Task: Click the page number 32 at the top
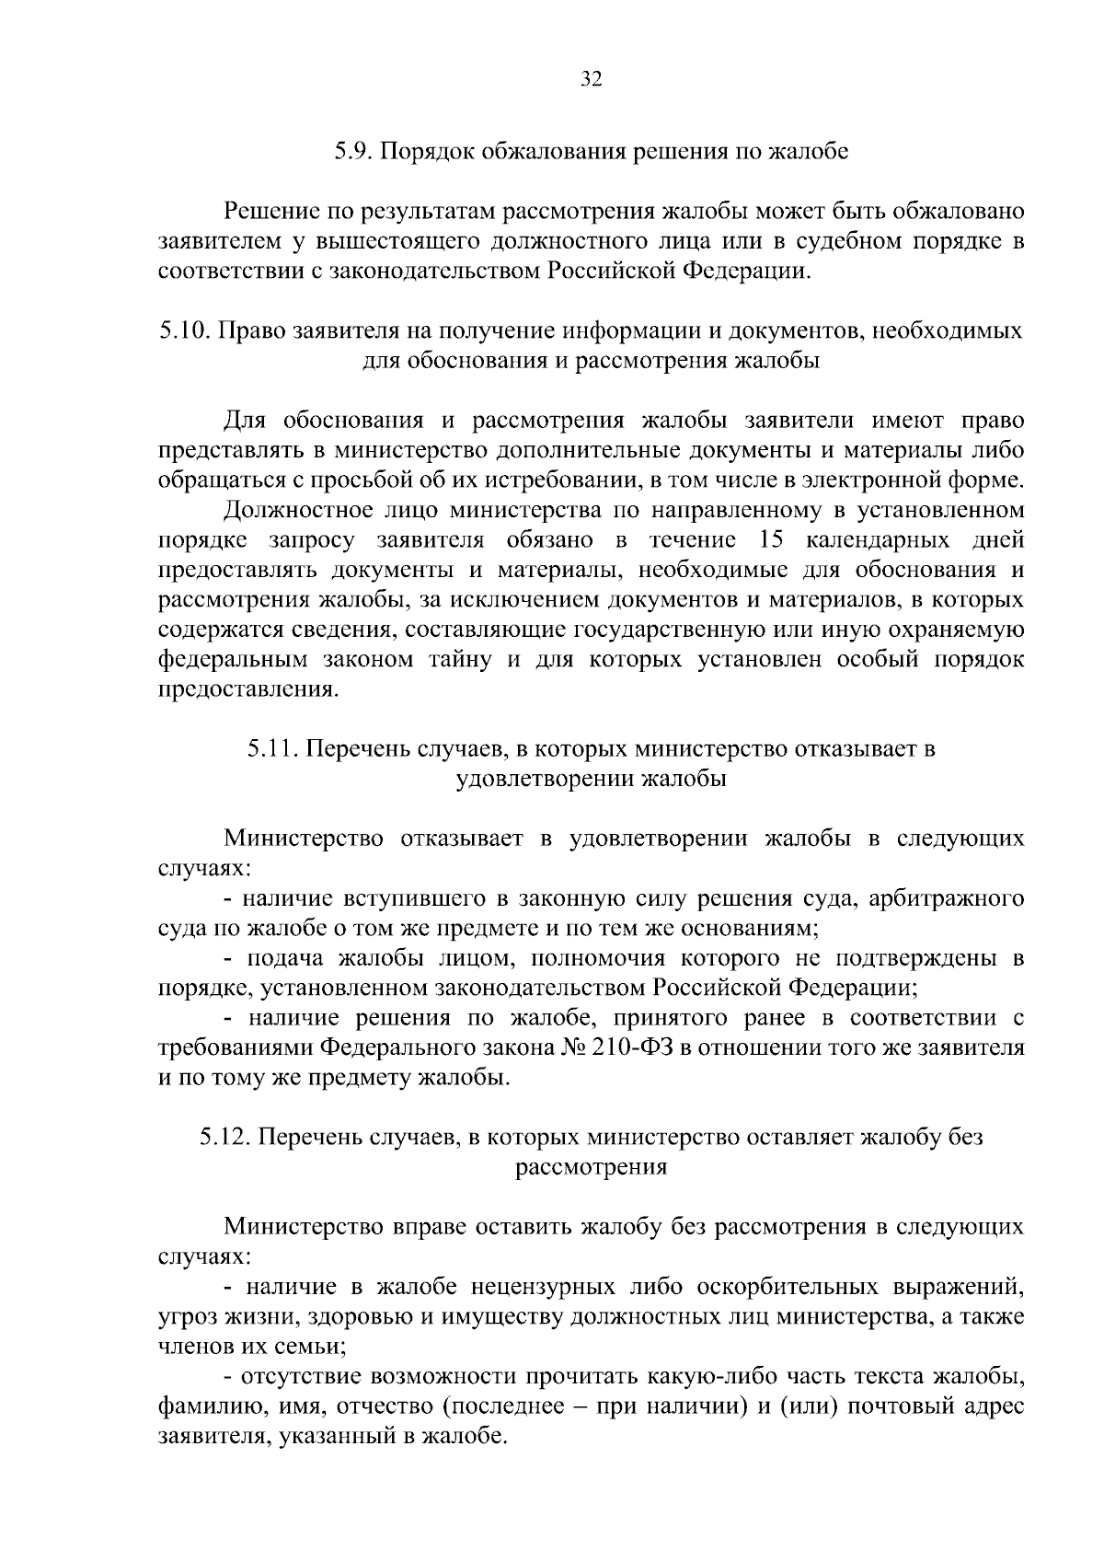[x=591, y=80]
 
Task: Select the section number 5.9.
[x=351, y=151]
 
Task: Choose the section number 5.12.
[x=226, y=1139]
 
